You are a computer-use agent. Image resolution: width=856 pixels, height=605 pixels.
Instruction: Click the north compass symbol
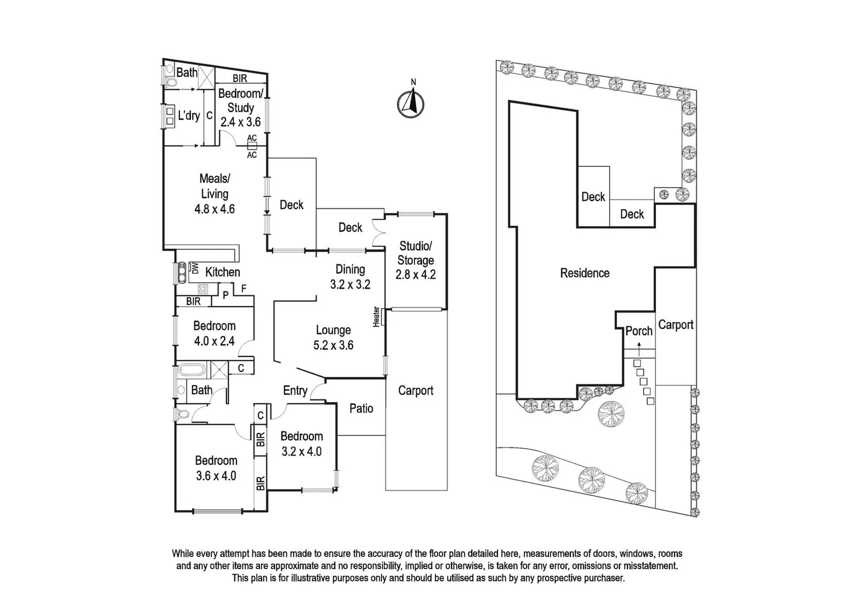pyautogui.click(x=411, y=104)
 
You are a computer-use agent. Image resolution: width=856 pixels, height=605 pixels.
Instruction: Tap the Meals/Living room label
pyautogui.click(x=215, y=186)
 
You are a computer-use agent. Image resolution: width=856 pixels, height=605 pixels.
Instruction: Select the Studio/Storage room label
pyautogui.click(x=415, y=253)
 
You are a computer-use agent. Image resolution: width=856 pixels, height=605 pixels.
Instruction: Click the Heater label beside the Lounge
pyautogui.click(x=376, y=316)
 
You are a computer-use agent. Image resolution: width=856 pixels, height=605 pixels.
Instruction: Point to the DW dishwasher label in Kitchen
pyautogui.click(x=195, y=268)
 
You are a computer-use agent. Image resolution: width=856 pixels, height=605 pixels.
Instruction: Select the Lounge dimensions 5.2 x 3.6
pyautogui.click(x=333, y=345)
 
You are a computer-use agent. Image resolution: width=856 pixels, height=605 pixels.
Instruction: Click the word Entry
pyautogui.click(x=295, y=390)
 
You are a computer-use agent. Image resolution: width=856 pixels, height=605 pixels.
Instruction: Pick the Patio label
pyautogui.click(x=361, y=408)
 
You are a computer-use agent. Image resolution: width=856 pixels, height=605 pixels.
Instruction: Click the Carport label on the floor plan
pyautogui.click(x=416, y=390)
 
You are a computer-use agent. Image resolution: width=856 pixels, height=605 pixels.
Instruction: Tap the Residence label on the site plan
pyautogui.click(x=584, y=273)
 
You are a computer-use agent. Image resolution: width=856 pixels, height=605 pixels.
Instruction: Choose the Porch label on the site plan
pyautogui.click(x=639, y=331)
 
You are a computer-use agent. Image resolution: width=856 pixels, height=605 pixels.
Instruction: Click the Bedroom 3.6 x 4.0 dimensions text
pyautogui.click(x=216, y=476)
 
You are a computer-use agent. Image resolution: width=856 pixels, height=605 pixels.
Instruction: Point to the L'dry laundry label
pyautogui.click(x=189, y=115)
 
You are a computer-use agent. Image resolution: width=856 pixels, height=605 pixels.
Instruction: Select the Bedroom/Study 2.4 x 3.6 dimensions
pyautogui.click(x=240, y=122)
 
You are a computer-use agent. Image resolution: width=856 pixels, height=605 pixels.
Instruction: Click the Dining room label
pyautogui.click(x=350, y=269)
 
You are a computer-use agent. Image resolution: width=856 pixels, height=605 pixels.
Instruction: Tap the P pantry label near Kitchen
pyautogui.click(x=225, y=294)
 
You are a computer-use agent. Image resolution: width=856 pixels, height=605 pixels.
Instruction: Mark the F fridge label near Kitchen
pyautogui.click(x=243, y=289)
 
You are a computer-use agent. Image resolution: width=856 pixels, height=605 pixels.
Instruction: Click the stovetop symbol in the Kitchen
pyautogui.click(x=203, y=289)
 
